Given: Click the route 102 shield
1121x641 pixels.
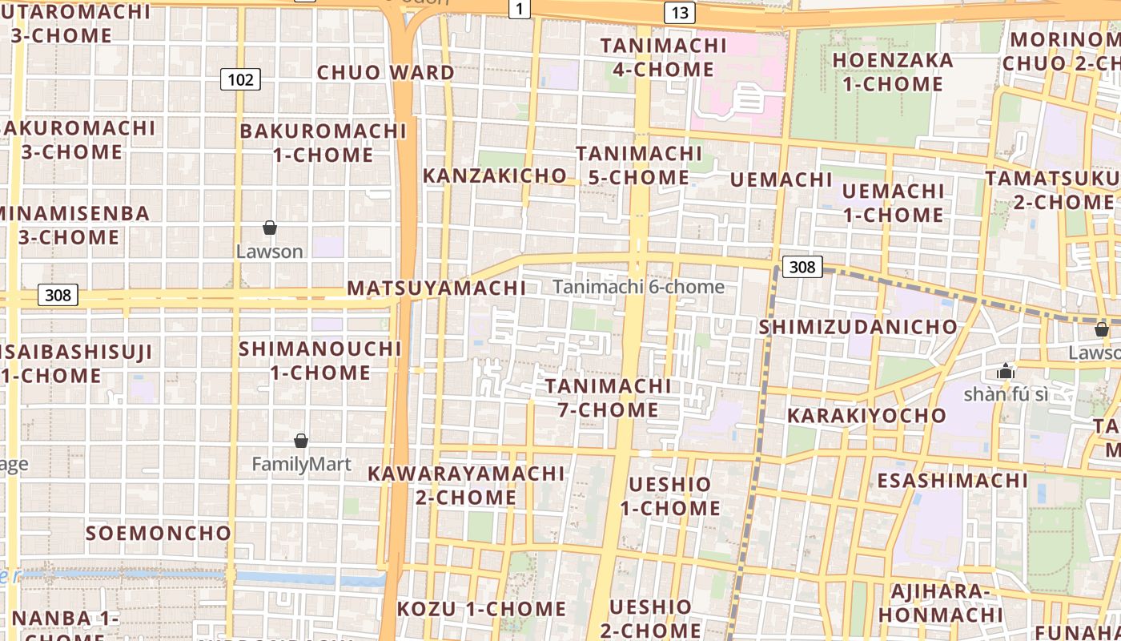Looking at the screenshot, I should pos(240,79).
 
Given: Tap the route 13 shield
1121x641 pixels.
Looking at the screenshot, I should pos(679,13).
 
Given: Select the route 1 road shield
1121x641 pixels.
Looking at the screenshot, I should pos(520,9).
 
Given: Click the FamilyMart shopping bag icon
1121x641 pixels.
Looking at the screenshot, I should pos(301,441).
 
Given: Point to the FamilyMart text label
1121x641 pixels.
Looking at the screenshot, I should pos(301,464).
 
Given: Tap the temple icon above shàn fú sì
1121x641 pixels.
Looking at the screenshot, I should pos(1005,371).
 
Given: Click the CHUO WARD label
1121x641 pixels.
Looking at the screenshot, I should pos(386,72).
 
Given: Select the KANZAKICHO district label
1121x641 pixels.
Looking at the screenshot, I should pos(494,175).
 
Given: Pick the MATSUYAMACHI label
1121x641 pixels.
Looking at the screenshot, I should pos(436,288).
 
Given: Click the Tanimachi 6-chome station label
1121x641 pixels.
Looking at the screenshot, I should pos(638,287).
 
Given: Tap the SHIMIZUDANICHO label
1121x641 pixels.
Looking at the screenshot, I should pos(858,327).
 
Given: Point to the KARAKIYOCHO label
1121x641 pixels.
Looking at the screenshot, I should pos(866,416).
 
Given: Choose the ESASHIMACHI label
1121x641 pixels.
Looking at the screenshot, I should pos(953,480).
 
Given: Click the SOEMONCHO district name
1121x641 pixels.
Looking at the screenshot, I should pos(159,533).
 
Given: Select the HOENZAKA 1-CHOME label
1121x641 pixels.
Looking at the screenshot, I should pos(893,72).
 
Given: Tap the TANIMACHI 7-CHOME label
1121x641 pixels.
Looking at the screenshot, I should pos(609,398).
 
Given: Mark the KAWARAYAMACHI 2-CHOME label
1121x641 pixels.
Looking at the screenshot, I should pos(466,486).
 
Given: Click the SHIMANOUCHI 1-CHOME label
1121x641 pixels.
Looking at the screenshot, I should pos(320,361).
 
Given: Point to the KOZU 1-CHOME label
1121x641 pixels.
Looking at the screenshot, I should pos(481,609).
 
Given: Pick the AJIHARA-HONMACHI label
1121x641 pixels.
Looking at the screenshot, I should pos(941,603).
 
